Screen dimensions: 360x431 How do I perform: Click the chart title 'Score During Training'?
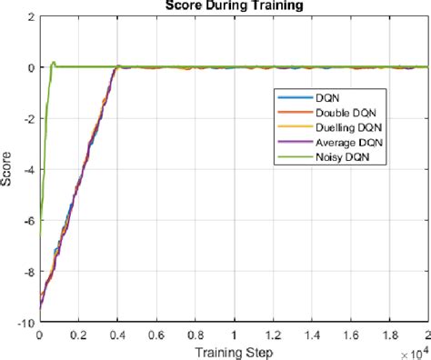(x=233, y=5)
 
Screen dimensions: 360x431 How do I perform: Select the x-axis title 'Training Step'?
(x=233, y=350)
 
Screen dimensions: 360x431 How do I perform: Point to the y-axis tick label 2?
(x=30, y=16)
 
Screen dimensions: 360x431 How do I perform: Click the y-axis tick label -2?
(x=27, y=118)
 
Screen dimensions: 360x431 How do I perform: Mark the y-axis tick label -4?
(x=27, y=169)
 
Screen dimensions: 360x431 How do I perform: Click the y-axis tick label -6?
(x=27, y=220)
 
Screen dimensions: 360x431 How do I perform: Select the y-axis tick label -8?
(x=27, y=271)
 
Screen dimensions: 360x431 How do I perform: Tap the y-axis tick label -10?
(x=25, y=322)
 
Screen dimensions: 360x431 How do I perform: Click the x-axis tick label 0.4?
(x=116, y=334)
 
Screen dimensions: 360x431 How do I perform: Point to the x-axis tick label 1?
(x=234, y=334)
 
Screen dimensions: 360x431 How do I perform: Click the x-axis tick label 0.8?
(x=195, y=334)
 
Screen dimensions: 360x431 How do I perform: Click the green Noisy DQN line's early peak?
(x=54, y=63)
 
